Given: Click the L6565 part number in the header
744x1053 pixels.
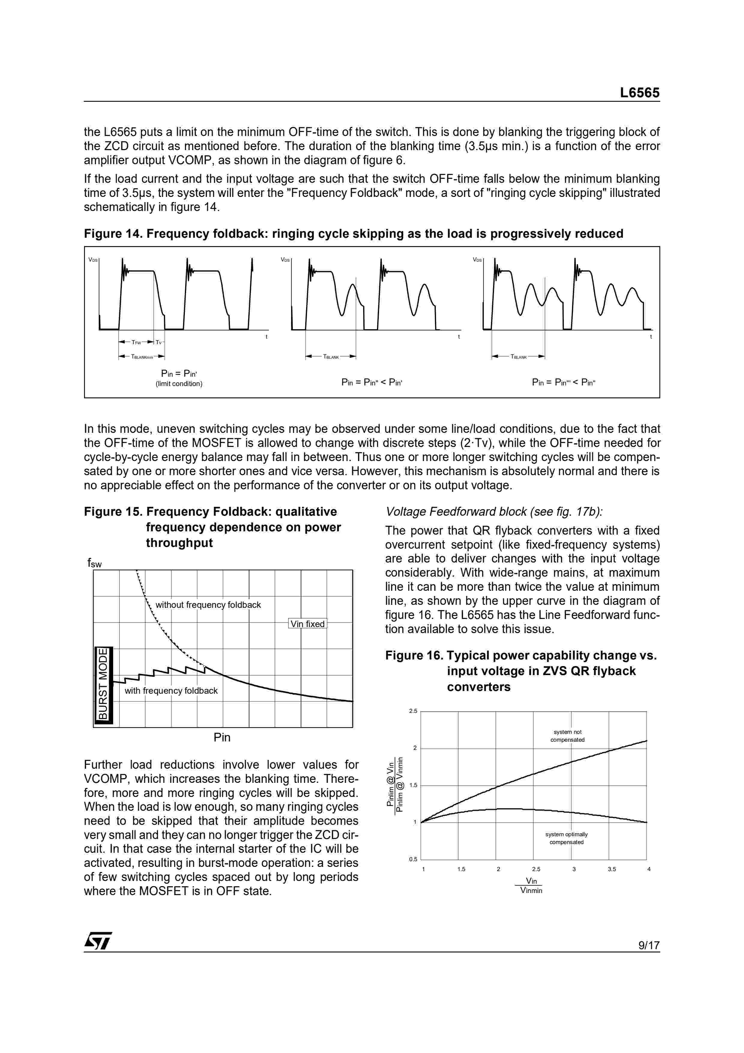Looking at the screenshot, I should pos(640,93).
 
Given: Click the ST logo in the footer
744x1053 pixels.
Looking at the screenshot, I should pos(98,941).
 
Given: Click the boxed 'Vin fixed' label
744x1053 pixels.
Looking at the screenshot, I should pos(307,624).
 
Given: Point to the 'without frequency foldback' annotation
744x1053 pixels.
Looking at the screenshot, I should pos(208,605).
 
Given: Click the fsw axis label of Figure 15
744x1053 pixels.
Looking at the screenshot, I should pos(95,563).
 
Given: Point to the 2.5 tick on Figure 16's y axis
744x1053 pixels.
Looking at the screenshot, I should pos(413,711).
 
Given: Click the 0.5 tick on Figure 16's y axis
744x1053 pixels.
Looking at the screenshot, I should pos(413,859).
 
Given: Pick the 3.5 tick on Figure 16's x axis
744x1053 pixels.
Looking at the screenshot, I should pos(612,869).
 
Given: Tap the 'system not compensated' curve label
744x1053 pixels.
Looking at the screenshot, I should pos(568,736).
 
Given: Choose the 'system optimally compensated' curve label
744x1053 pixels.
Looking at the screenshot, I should pos(567,838).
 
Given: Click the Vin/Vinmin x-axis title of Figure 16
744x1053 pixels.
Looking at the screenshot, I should pos(531,886).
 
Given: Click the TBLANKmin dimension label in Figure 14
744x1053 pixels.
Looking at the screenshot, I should pos(142,356).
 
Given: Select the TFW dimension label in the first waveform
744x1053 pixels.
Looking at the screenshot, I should pos(136,342).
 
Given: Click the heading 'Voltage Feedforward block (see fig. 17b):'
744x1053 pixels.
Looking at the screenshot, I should pos(494,511).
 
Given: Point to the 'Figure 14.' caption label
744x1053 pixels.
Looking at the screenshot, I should pos(113,234).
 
